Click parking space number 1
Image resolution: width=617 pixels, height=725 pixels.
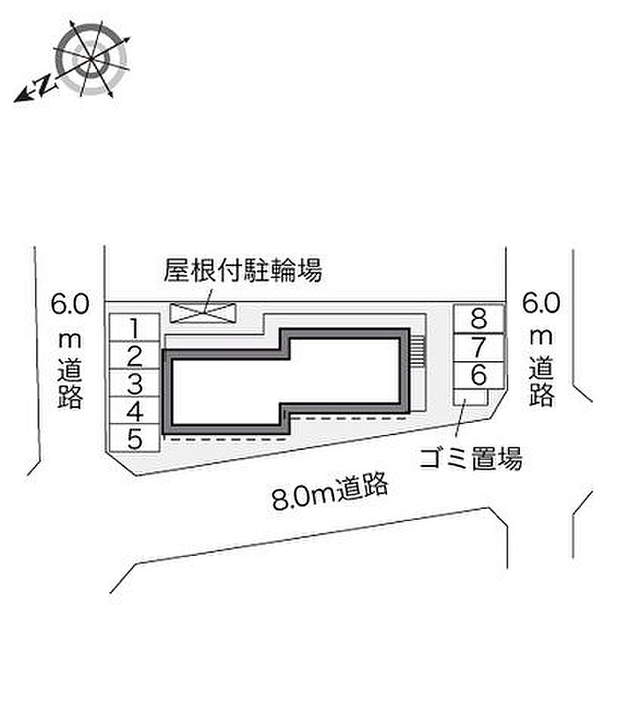(x=135, y=328)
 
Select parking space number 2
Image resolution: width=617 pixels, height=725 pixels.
(x=135, y=356)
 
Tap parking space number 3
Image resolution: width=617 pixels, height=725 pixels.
(x=135, y=383)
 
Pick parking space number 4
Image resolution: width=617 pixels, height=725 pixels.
(x=135, y=411)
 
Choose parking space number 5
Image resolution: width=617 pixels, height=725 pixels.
(x=135, y=439)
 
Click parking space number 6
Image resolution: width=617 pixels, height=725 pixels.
(x=479, y=375)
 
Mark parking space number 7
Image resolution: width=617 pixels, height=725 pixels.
(x=479, y=347)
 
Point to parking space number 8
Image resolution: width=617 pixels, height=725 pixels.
(x=479, y=319)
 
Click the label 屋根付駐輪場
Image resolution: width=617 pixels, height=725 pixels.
(x=242, y=270)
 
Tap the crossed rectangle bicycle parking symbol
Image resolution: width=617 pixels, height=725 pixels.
(x=203, y=313)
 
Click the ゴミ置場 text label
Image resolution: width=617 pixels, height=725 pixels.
(x=472, y=458)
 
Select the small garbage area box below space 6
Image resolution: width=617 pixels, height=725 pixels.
(x=470, y=397)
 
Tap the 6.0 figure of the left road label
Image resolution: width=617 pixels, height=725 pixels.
(x=70, y=304)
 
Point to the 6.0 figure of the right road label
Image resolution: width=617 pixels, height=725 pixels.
(x=541, y=303)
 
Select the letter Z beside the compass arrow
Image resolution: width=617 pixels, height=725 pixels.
(x=45, y=84)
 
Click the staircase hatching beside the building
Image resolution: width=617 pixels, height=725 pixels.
(x=417, y=351)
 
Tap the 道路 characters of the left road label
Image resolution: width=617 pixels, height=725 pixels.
(x=70, y=383)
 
